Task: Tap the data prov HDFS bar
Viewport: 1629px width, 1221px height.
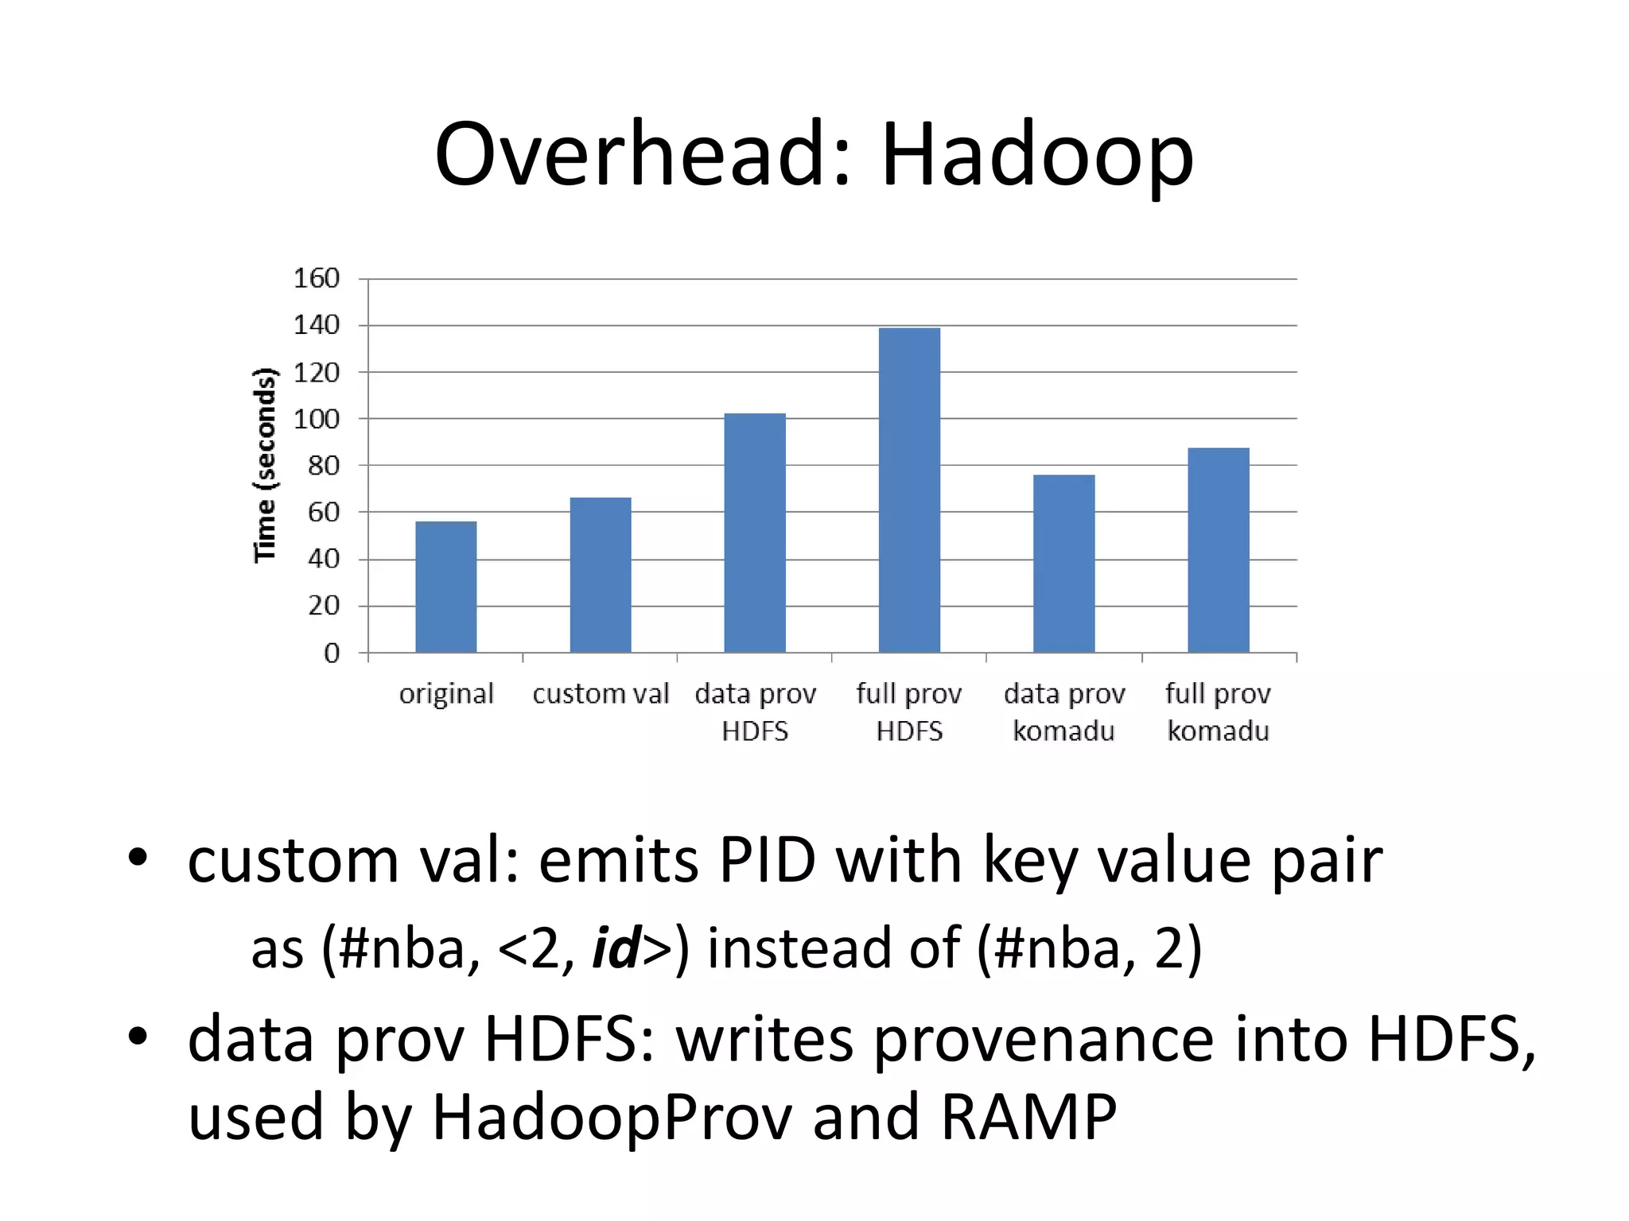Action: (755, 533)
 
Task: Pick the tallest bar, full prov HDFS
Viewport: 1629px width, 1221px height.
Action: (909, 490)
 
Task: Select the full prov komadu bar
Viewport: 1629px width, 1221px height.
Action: (1218, 550)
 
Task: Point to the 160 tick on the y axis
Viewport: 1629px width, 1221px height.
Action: (317, 278)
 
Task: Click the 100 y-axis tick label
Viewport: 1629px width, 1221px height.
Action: (317, 419)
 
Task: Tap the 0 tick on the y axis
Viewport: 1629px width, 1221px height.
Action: (332, 653)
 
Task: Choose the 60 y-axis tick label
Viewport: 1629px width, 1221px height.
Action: (324, 513)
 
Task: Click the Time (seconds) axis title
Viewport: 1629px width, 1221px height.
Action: (265, 465)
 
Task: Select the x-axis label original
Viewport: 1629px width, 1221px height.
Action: (446, 694)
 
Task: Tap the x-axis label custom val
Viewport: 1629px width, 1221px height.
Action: (601, 694)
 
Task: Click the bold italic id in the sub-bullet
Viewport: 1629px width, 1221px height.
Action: (616, 948)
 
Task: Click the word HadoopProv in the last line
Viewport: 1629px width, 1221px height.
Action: (612, 1117)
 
